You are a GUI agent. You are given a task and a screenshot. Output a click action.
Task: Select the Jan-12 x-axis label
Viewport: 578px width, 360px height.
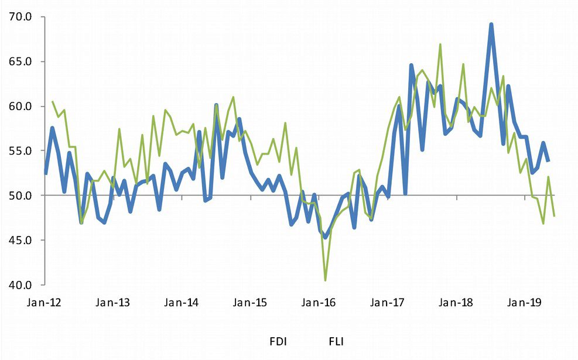45,303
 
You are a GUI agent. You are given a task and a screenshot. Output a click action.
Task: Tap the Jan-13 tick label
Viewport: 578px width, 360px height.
114,303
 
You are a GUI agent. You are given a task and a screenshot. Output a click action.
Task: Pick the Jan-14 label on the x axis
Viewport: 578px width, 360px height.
182,303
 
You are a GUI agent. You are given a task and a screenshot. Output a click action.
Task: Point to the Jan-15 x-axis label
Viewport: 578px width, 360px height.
251,303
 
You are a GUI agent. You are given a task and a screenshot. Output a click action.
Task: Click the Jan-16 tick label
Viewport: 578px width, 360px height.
319,303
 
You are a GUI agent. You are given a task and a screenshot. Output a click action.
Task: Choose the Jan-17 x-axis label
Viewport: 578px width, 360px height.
388,303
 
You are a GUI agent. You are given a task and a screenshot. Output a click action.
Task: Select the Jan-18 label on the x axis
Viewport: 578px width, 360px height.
456,303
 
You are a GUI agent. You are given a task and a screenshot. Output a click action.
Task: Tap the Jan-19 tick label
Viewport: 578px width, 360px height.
525,303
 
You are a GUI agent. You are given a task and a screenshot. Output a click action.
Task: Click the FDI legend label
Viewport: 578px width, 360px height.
278,341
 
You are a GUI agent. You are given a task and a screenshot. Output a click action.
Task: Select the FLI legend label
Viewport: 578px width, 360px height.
336,341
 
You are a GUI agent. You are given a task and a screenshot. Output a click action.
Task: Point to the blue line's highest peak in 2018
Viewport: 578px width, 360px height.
491,25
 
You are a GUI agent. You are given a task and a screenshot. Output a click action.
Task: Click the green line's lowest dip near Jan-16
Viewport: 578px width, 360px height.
325,280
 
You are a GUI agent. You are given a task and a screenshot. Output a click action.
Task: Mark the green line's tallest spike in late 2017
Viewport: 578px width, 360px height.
440,44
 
